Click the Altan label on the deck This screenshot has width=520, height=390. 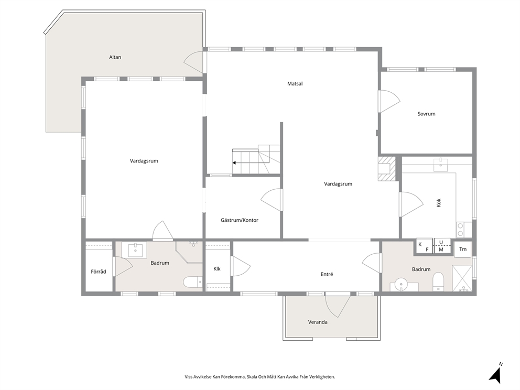coord(115,57)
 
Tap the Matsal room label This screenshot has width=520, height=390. coord(295,83)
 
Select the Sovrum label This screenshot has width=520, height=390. coord(426,114)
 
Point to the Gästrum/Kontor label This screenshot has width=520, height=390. coord(240,220)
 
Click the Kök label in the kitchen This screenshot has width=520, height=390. coord(439,203)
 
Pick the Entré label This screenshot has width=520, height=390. coord(327,274)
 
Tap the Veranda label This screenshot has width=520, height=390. coord(318,322)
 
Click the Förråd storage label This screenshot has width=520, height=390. coord(99,272)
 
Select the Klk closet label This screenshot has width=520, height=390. coord(217,268)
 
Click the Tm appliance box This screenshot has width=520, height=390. coord(463,249)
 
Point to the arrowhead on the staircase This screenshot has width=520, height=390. coord(234,163)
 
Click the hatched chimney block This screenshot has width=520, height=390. coord(387,168)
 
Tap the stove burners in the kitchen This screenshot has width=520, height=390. coord(460,230)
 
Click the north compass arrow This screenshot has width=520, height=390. coord(495,375)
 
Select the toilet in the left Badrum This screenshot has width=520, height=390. coord(193,282)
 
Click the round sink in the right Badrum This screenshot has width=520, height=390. coord(402,285)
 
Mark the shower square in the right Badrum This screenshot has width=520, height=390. coord(462,278)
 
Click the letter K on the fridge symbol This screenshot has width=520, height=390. coord(420,244)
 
